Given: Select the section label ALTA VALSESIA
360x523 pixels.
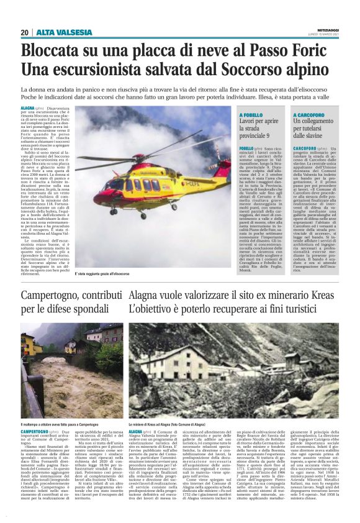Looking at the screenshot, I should tap(58, 32).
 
